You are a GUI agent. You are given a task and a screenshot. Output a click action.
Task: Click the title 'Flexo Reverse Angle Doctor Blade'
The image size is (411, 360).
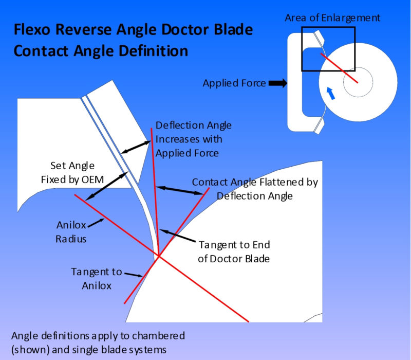tap(133, 30)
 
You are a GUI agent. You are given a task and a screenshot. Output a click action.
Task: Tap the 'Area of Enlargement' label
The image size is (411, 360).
tap(333, 18)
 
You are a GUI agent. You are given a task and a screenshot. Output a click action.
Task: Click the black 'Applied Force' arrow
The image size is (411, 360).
tap(278, 83)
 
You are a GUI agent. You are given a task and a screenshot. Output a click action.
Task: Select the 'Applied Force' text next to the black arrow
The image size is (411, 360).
tap(234, 83)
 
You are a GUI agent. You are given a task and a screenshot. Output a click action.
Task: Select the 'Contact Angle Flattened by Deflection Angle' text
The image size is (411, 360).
tap(255, 189)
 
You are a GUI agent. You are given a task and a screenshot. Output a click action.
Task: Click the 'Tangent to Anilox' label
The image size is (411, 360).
tap(97, 278)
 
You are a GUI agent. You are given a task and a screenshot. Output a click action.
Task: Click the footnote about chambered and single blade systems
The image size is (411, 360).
tap(98, 341)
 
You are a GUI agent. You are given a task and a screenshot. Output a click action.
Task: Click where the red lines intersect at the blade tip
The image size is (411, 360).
tap(159, 256)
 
